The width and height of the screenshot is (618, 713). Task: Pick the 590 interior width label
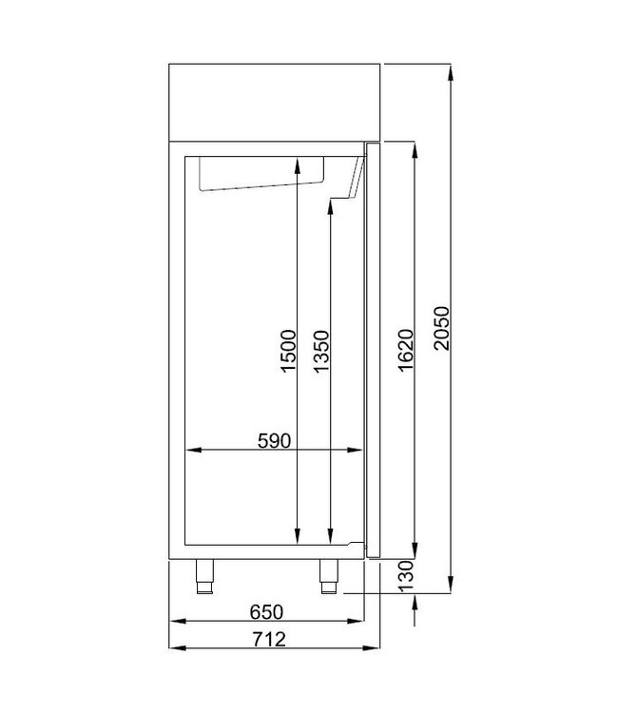273,440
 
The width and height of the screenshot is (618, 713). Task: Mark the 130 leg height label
404,576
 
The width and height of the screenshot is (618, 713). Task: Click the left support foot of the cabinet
204,575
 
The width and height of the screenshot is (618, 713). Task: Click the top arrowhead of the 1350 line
329,206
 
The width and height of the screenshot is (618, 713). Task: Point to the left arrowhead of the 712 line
174,647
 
